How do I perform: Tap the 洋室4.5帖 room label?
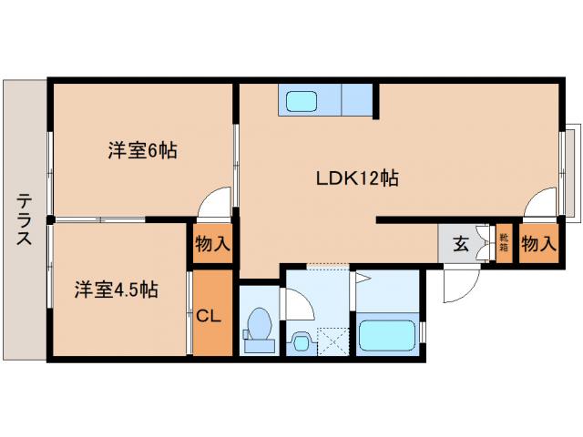tap(116, 290)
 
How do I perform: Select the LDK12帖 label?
tap(356, 178)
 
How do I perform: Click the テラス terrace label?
tap(25, 219)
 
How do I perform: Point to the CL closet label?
tap(210, 316)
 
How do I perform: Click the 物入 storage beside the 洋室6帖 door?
tap(213, 244)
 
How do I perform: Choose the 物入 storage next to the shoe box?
tap(537, 243)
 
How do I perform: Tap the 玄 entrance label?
tap(461, 243)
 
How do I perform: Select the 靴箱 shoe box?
tap(504, 243)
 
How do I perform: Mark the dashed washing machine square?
tap(334, 341)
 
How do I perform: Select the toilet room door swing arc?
tap(297, 304)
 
